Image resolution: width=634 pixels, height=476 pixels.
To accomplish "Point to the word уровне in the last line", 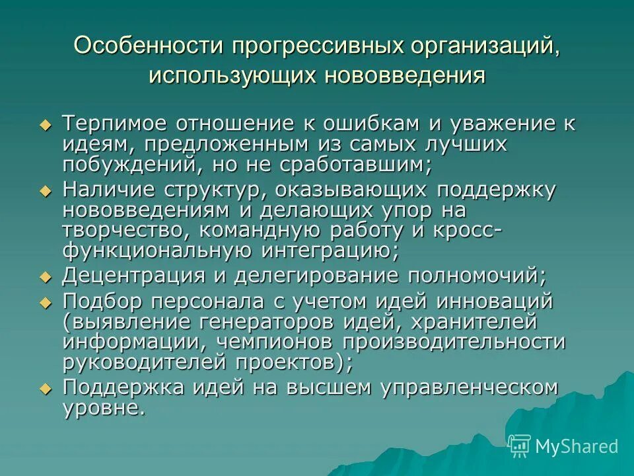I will pos(102,407).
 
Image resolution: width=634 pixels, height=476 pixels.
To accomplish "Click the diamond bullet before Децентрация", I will pos(45,276).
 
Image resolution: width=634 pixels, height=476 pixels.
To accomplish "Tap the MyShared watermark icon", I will pos(519,446).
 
